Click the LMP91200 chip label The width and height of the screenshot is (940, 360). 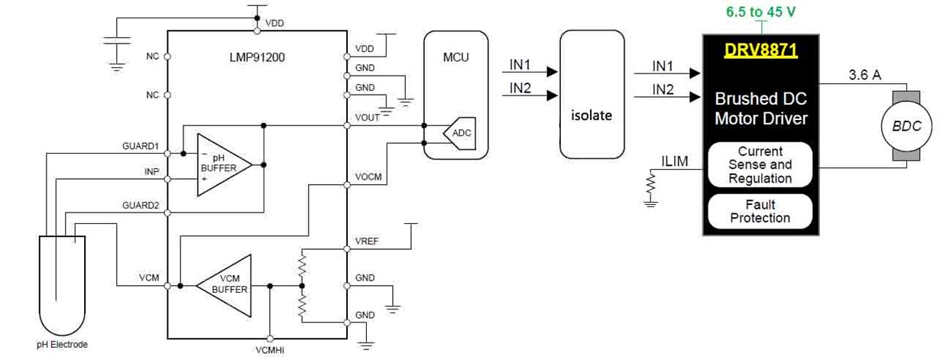click(x=257, y=57)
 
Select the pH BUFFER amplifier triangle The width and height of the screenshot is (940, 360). click(x=224, y=165)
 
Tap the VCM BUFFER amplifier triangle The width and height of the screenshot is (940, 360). click(x=224, y=286)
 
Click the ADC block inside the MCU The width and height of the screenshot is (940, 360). click(x=459, y=133)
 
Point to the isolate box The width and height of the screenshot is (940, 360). click(x=592, y=95)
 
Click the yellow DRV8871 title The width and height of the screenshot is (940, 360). click(x=760, y=50)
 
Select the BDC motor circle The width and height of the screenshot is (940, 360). click(x=906, y=126)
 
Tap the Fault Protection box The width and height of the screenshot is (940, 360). click(x=760, y=211)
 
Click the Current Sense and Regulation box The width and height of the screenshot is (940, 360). click(x=760, y=164)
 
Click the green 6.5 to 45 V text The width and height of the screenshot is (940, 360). click(x=760, y=11)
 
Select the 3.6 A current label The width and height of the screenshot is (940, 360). click(x=864, y=75)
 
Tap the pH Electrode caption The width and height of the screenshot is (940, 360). click(x=62, y=345)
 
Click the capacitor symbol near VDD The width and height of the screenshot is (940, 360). click(x=117, y=41)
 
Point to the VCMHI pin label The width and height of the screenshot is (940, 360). click(x=270, y=350)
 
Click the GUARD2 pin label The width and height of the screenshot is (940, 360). click(x=141, y=205)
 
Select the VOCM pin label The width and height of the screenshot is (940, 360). click(x=368, y=177)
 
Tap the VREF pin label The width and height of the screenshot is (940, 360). click(x=367, y=241)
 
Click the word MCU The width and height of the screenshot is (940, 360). click(x=455, y=57)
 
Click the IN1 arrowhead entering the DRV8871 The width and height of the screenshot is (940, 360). click(x=695, y=73)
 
